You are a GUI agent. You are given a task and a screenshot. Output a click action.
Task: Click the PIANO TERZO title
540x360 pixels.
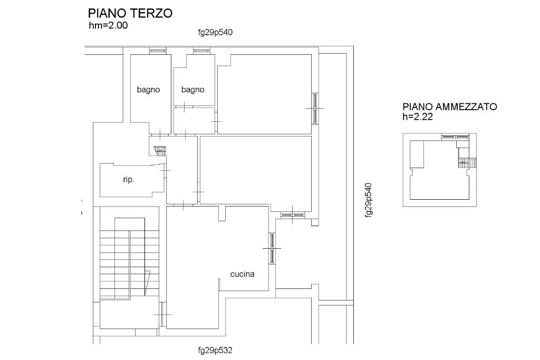point(130,13)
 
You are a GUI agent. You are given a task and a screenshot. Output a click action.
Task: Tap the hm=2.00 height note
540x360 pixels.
point(108,25)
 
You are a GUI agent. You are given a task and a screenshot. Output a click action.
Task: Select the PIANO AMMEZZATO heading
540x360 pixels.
point(450,106)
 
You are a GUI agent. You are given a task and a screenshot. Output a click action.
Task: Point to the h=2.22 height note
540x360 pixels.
point(418,116)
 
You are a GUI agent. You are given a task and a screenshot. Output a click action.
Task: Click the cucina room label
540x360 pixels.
point(243,274)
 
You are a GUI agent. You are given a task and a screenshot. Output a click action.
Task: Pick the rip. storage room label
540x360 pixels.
point(129,180)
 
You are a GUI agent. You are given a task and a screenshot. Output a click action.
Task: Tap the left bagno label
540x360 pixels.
point(148,90)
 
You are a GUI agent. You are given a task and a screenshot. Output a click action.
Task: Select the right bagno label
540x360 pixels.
point(193,90)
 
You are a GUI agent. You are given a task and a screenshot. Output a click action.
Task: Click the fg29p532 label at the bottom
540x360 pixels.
point(215,351)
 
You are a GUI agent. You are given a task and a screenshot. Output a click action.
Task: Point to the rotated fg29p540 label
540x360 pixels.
point(369,200)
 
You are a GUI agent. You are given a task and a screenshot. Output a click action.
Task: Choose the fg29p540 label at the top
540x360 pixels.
point(215,32)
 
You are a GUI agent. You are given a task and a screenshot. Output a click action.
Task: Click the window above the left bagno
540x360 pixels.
point(158,51)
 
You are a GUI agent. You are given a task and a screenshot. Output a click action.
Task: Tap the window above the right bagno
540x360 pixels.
point(202,51)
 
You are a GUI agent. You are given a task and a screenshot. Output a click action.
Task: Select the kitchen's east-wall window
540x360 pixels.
point(272,248)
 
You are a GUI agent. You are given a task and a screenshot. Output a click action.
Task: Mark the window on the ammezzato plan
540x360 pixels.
point(455,137)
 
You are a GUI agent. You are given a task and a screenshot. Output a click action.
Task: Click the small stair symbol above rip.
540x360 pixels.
point(160,150)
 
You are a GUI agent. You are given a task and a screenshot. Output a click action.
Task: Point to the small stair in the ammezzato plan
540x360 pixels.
point(467,162)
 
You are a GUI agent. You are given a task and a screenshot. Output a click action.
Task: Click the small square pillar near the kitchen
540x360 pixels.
point(315,222)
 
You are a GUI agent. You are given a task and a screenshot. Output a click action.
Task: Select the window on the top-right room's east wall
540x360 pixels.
point(315,108)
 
